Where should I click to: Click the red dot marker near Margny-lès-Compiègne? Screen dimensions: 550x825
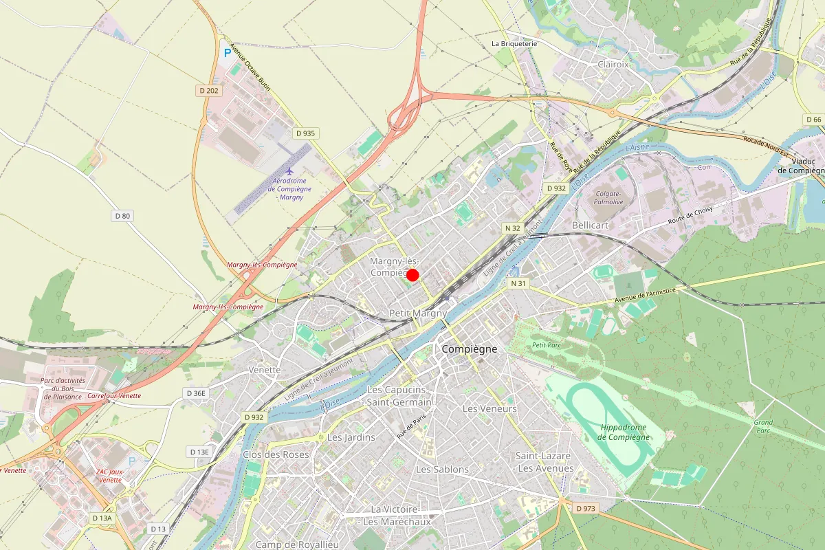click(x=412, y=275)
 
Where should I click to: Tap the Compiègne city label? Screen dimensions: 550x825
click(x=469, y=349)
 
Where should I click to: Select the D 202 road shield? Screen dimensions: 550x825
click(x=208, y=91)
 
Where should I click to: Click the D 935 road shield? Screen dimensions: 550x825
click(x=304, y=133)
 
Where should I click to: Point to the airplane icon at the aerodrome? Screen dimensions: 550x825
click(x=289, y=170)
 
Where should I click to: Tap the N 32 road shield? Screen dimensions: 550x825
click(x=513, y=228)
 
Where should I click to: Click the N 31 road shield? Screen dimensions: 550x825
click(x=518, y=283)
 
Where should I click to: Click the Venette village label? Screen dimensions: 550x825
click(x=265, y=370)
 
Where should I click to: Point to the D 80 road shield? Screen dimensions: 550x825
click(x=122, y=216)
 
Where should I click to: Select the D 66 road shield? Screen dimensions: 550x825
click(x=813, y=120)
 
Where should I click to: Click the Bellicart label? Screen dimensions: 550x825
click(x=591, y=225)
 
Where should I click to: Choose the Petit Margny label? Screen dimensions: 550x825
click(x=418, y=313)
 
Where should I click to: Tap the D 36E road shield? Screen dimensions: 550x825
click(x=196, y=393)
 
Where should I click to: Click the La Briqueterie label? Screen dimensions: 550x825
click(x=514, y=43)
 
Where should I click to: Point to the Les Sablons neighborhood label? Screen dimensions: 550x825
click(x=442, y=470)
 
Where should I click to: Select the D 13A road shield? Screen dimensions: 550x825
click(x=101, y=518)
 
